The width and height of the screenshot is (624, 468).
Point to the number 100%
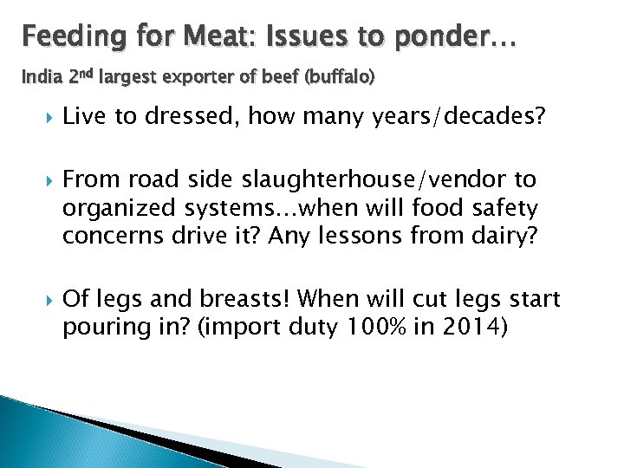coord(371,328)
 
